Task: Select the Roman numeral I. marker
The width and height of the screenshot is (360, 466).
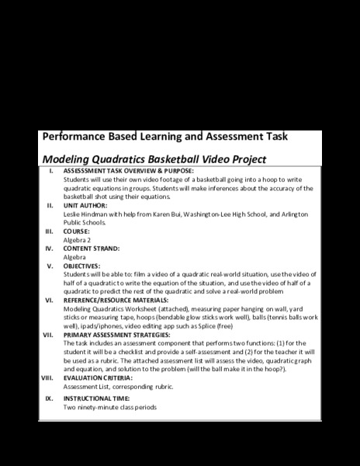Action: pyautogui.click(x=50, y=171)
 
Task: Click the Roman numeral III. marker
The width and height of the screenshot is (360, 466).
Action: pyautogui.click(x=48, y=231)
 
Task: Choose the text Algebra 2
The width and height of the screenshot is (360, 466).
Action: pyautogui.click(x=77, y=240)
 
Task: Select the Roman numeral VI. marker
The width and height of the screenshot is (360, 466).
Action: pyautogui.click(x=48, y=299)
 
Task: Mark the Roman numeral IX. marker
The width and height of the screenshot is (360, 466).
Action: pyautogui.click(x=48, y=398)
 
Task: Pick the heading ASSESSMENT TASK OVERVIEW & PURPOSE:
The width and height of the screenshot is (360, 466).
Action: pyautogui.click(x=128, y=171)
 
